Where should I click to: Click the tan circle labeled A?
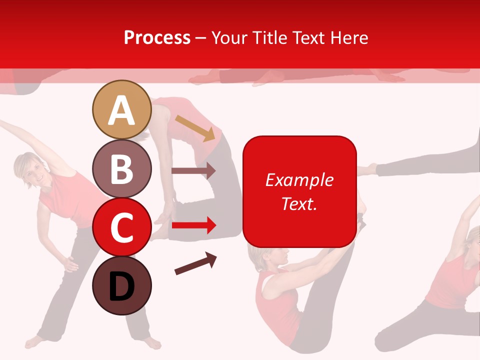point(121,109)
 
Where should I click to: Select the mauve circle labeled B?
point(121,168)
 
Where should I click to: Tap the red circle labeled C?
point(121,227)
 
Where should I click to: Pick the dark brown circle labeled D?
point(121,286)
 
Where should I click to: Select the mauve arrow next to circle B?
point(193,170)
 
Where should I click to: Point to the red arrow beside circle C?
point(193,225)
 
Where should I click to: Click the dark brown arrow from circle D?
point(195,263)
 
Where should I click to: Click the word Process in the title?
point(157,38)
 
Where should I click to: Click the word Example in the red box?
point(299,180)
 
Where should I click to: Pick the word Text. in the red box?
point(299,203)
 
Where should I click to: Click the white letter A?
point(121,110)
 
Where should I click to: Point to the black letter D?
point(121,287)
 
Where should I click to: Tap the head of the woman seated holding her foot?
point(270,257)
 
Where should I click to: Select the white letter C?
point(121,228)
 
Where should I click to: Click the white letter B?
point(121,169)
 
